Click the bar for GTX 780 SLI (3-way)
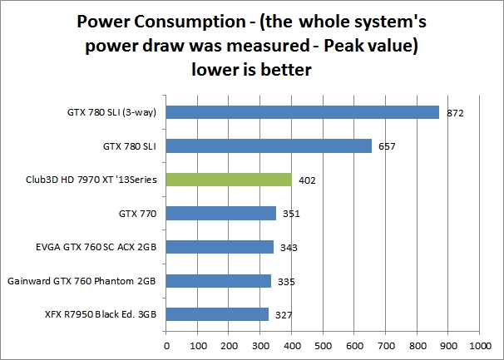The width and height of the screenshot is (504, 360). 303,112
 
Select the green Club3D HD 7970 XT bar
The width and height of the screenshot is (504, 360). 229,180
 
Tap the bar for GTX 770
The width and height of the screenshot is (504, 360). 221,214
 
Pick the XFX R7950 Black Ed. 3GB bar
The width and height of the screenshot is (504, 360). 217,314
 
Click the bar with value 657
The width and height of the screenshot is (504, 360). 269,146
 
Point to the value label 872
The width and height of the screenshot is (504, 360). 454,112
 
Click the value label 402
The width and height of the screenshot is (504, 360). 307,180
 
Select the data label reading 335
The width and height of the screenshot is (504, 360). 286,281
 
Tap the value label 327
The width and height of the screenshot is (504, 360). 284,314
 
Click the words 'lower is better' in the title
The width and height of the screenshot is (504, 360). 252,71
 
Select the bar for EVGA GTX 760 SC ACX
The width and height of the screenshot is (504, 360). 220,247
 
